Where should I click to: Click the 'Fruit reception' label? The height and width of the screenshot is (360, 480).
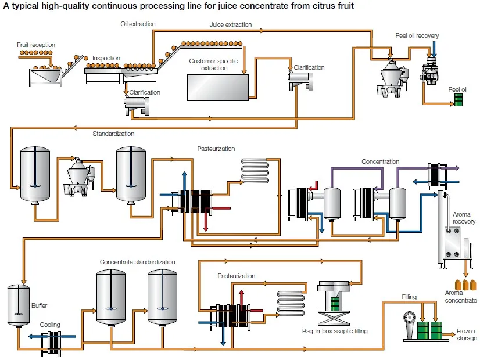coord(35,44)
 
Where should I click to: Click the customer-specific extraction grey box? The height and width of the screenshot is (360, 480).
coord(217,87)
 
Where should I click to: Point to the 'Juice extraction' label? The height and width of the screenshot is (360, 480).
coord(231,25)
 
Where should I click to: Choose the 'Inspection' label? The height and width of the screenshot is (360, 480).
coord(106,59)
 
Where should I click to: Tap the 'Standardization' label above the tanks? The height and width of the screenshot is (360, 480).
coord(113,134)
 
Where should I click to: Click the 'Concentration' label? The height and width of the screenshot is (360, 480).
coord(381,161)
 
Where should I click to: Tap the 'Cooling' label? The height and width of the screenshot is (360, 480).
coord(50,325)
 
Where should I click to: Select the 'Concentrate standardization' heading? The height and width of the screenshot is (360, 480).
coord(137,262)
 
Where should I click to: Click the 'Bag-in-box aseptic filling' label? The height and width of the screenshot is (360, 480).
coord(335,332)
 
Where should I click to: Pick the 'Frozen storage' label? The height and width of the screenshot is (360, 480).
coord(465,334)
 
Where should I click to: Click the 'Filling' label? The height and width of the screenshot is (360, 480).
coord(409,297)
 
